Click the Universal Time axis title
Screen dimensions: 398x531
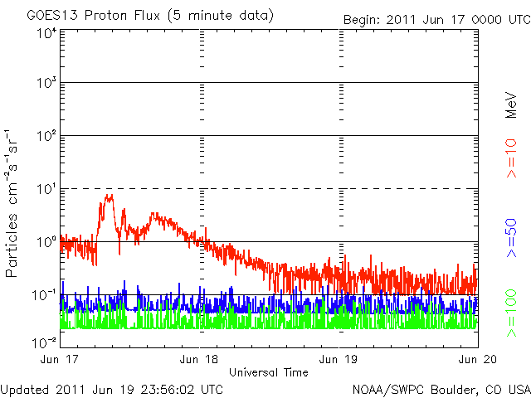269,372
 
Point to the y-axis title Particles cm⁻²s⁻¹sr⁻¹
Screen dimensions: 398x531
13,202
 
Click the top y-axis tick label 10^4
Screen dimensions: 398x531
46,33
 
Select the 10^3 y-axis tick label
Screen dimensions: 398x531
46,83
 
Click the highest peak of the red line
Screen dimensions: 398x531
110,195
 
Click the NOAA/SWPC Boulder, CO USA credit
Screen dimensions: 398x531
441,389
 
